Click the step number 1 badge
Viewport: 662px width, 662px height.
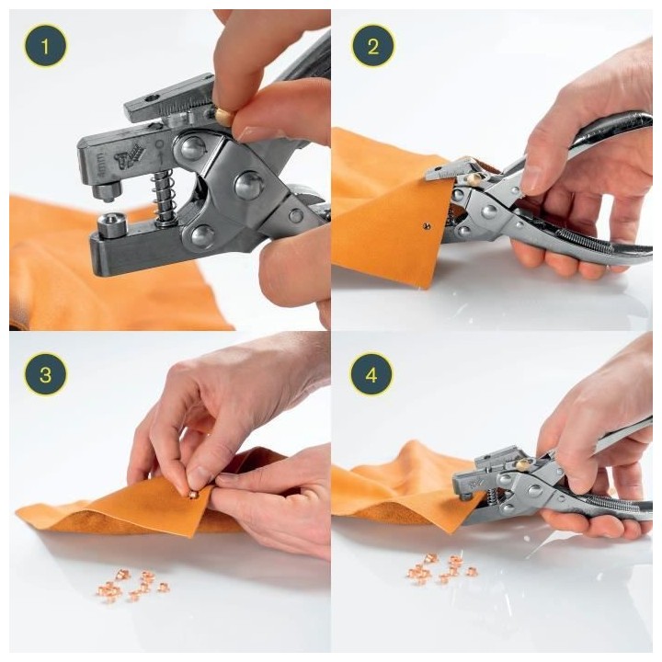(45, 45)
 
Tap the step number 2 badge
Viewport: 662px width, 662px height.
(372, 45)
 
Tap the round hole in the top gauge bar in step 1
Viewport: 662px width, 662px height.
(150, 97)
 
